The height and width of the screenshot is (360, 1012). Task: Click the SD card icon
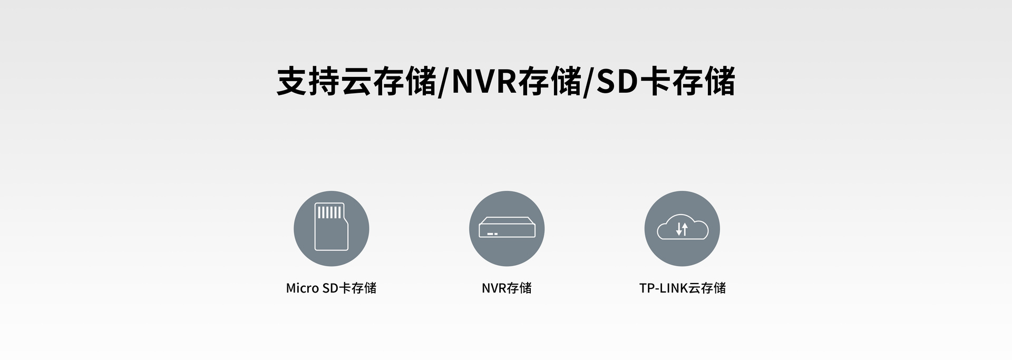(331, 228)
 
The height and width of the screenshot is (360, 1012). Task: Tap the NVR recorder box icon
(507, 228)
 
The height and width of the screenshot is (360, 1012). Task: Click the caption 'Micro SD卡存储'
(331, 288)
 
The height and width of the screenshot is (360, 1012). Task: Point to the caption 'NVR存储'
(507, 288)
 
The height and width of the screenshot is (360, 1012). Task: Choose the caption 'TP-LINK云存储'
(682, 288)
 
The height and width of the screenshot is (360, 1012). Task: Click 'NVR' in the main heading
(484, 82)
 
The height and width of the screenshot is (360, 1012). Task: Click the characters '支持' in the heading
(308, 82)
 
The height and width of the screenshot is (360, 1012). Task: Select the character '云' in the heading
(357, 82)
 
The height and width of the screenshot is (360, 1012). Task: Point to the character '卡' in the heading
(655, 82)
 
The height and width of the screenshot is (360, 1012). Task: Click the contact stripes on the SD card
(329, 212)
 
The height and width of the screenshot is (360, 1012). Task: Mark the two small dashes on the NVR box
(492, 233)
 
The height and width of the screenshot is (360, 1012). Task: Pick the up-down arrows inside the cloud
(682, 229)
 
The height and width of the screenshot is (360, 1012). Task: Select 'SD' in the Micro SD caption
(329, 288)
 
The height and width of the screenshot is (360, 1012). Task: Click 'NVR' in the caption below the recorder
(494, 288)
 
